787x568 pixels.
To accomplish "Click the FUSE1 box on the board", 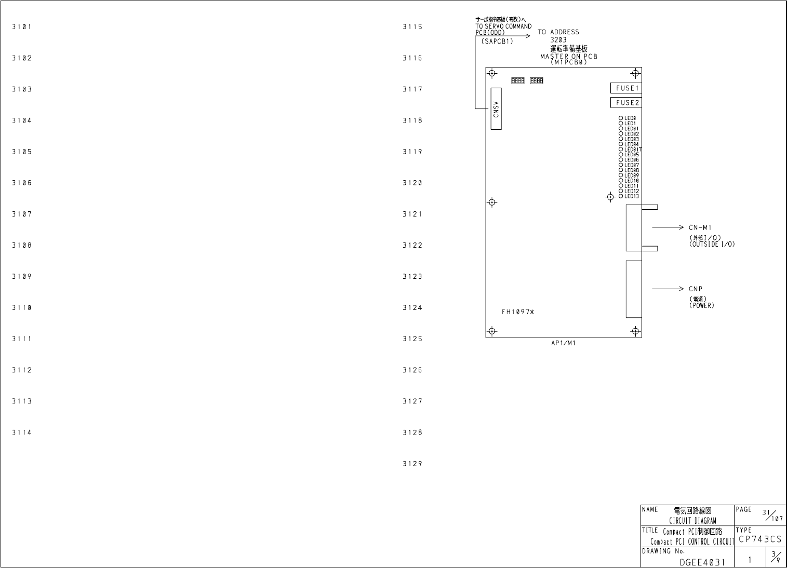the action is (626, 88).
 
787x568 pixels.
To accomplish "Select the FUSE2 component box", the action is (626, 103).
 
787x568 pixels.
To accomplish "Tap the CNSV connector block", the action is (496, 109).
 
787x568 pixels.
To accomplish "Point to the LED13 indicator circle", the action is (621, 196).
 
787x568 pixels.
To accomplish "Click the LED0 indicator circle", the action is (621, 118).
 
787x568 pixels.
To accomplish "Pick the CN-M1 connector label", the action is (700, 227).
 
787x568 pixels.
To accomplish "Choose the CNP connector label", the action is (696, 289).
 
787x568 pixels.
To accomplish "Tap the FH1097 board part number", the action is (517, 312).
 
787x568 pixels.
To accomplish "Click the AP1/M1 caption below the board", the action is (563, 344).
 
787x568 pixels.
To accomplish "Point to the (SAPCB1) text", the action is (497, 42).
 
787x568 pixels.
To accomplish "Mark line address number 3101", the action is (22, 26).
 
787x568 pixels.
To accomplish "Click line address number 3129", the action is (412, 464).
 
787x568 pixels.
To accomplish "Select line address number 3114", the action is (22, 432).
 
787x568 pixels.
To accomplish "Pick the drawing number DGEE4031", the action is (701, 562).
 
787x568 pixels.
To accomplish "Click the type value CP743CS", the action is (759, 539).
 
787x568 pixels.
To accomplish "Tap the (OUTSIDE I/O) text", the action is (712, 244).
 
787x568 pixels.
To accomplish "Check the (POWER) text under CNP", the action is (702, 305).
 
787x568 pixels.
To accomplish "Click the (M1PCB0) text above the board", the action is (568, 62).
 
